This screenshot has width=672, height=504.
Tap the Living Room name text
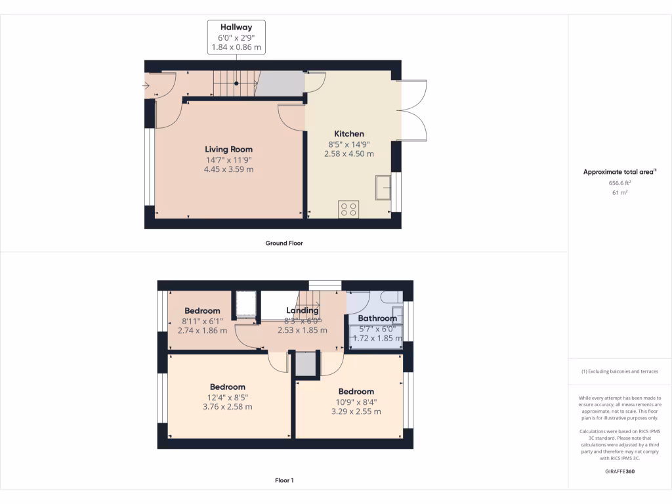point(228,150)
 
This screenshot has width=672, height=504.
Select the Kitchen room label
point(349,134)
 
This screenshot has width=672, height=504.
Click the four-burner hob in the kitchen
point(348,209)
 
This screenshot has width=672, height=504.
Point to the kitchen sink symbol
point(383,188)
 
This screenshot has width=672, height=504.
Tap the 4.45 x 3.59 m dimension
point(228,169)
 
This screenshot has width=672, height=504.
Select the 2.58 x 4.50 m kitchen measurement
point(349,154)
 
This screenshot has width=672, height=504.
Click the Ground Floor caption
point(284,243)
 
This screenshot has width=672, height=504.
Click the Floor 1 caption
point(284,480)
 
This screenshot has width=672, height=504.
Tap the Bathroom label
point(377,318)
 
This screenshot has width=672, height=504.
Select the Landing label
point(303,310)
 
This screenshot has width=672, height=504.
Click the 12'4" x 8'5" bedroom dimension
point(228,397)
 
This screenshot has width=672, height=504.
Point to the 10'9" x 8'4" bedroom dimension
point(356,402)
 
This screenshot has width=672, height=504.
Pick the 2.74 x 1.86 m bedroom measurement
point(202,330)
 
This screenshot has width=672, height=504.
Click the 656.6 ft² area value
point(619,184)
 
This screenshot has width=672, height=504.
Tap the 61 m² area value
point(619,193)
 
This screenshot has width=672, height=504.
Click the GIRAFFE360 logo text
point(619,471)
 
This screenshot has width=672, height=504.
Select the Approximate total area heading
point(619,172)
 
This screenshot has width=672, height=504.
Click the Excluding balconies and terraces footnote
point(619,371)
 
